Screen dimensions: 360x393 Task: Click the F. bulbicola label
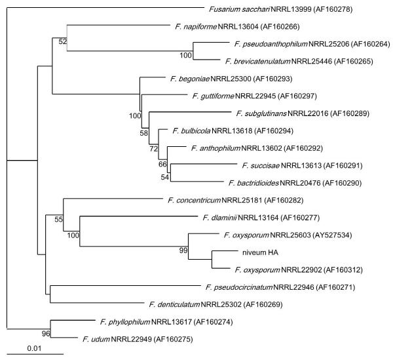pyautogui.click(x=193, y=130)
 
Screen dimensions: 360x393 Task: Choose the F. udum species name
pyautogui.click(x=95, y=338)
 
